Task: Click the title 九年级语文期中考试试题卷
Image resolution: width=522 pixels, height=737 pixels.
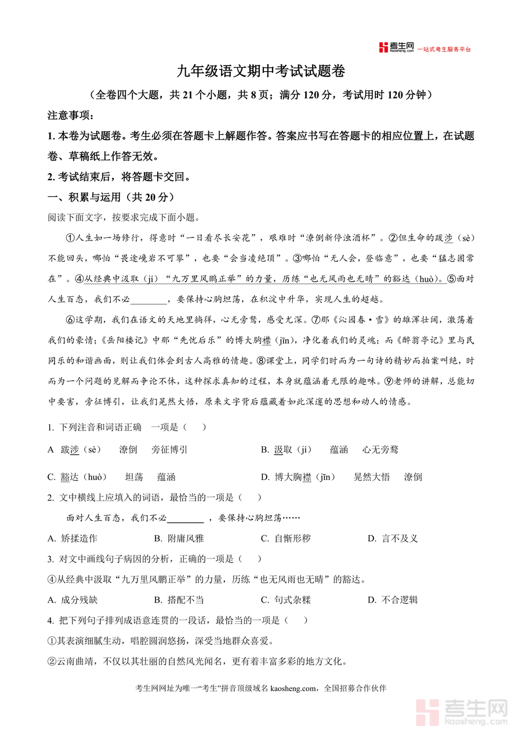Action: (261, 72)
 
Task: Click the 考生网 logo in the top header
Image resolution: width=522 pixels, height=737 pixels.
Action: (396, 48)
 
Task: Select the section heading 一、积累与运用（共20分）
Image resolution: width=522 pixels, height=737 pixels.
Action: (110, 197)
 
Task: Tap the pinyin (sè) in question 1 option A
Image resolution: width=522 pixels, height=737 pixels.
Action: (90, 450)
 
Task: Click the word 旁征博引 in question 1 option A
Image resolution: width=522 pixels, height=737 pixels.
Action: (169, 450)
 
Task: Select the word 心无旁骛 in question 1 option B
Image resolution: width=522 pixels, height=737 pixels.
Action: (380, 450)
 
